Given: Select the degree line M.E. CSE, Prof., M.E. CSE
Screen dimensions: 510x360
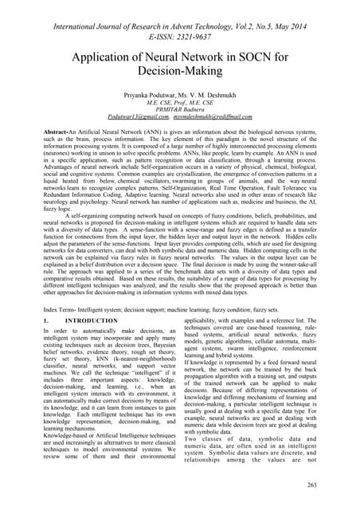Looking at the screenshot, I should click(180, 111).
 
